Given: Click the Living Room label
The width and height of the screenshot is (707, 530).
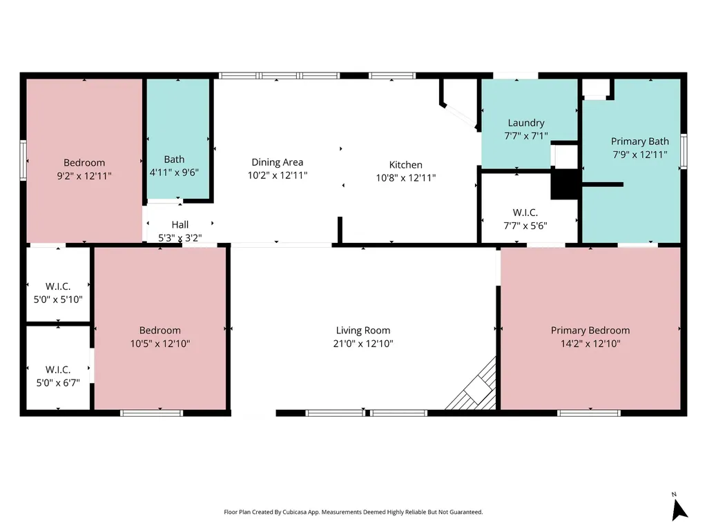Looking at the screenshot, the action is point(363,331).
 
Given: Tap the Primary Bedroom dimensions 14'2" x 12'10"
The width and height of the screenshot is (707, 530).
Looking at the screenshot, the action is point(590,344).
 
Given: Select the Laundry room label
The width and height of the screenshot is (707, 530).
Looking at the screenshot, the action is point(525,123).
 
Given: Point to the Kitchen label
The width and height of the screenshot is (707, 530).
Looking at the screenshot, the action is point(406,164).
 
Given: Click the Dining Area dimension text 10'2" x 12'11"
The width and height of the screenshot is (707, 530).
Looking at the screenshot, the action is point(278,175).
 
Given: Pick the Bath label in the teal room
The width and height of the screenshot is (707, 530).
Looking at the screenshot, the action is point(174,159).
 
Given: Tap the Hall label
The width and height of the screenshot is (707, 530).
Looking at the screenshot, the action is point(180,224).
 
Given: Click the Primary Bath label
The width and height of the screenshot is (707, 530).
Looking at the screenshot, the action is point(640,141).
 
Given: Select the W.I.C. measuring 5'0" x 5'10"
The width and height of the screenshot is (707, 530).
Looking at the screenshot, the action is point(58,286).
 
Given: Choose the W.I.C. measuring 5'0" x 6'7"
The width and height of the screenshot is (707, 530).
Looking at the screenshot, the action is point(58,370).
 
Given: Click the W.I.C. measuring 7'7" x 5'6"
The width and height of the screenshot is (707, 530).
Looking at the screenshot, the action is point(525,213).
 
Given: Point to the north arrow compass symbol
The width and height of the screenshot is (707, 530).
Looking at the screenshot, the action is point(679,509).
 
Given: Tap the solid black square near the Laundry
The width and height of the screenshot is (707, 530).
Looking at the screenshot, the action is point(564,184).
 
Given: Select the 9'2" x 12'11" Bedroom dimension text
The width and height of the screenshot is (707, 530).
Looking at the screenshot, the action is point(84,176).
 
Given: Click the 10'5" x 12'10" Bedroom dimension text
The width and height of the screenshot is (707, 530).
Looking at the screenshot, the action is point(160,344).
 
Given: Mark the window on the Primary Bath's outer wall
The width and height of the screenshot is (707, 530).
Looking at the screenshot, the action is point(684,151).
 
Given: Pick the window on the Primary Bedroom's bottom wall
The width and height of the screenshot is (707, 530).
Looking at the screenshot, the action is point(589,413).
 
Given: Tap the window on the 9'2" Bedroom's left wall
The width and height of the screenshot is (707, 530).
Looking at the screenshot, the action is point(23,159).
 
